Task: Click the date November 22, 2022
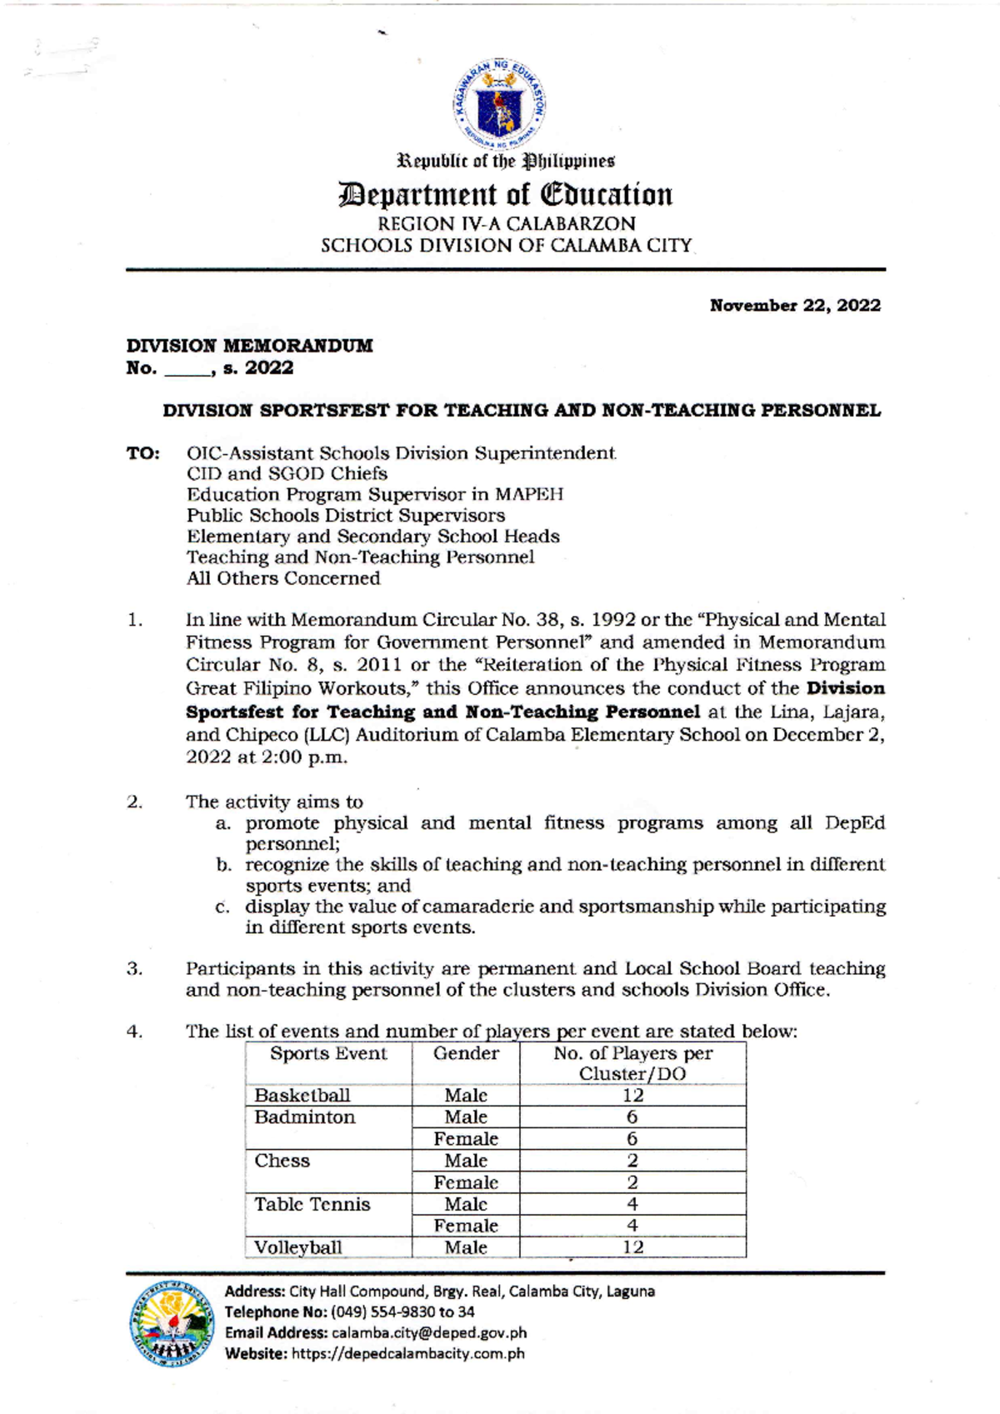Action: click(794, 306)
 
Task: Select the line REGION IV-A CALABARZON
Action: click(506, 224)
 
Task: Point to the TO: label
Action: click(142, 454)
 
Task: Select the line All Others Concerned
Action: click(282, 578)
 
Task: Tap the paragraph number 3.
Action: click(134, 969)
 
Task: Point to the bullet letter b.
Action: click(223, 865)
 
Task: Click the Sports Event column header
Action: click(328, 1054)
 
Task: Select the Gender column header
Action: click(465, 1054)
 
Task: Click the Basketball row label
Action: click(302, 1096)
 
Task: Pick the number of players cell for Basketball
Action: click(632, 1096)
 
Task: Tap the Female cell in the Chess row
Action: click(465, 1182)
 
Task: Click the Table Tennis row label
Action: click(312, 1204)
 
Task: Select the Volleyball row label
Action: click(297, 1247)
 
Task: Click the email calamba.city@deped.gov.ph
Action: click(428, 1333)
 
